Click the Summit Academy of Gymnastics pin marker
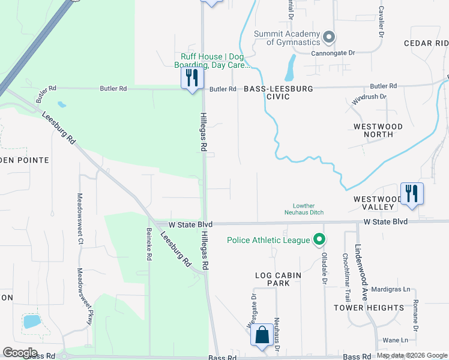click(328, 37)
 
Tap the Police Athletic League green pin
click(319, 241)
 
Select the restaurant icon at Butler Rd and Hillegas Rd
click(191, 78)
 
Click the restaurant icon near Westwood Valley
click(412, 193)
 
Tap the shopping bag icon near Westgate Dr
click(262, 335)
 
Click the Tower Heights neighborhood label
click(369, 308)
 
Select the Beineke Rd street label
click(149, 244)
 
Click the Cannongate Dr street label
click(333, 53)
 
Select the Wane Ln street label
click(395, 340)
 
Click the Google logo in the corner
click(20, 353)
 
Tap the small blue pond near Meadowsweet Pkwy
click(30, 321)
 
